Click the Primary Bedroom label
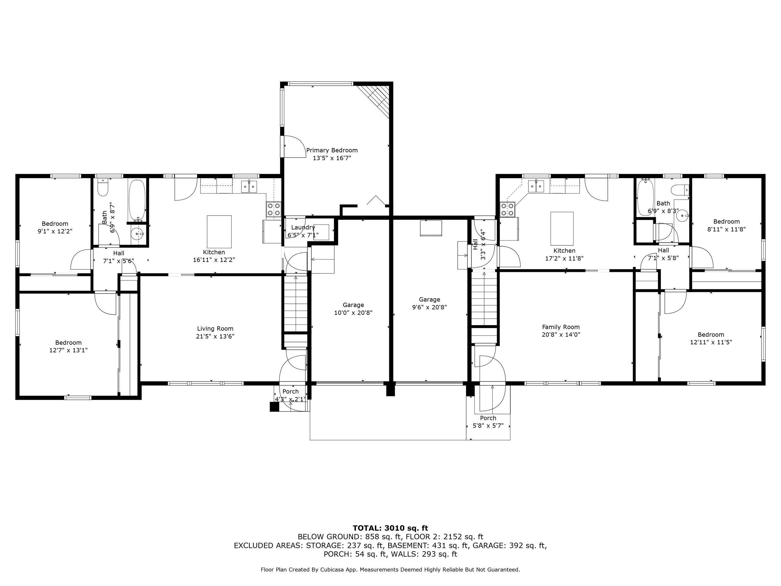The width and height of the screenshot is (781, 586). [332, 150]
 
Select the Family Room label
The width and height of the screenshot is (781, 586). [561, 327]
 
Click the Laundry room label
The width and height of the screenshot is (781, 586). [303, 227]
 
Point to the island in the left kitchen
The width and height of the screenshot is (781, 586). [219, 232]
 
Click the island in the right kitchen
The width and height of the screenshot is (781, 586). [562, 228]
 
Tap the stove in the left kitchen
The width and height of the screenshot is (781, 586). [273, 209]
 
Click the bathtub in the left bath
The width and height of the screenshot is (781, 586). [137, 200]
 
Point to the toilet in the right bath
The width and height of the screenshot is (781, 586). [679, 190]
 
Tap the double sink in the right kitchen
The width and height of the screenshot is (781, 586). [536, 186]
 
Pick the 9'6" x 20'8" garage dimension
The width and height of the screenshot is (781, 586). [429, 307]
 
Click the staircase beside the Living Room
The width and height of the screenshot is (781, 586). [296, 303]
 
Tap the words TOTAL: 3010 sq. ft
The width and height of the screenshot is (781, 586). [390, 528]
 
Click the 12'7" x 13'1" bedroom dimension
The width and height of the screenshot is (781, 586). [69, 350]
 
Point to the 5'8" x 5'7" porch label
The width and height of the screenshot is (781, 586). [488, 426]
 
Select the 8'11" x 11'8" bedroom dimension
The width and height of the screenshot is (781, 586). [726, 229]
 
